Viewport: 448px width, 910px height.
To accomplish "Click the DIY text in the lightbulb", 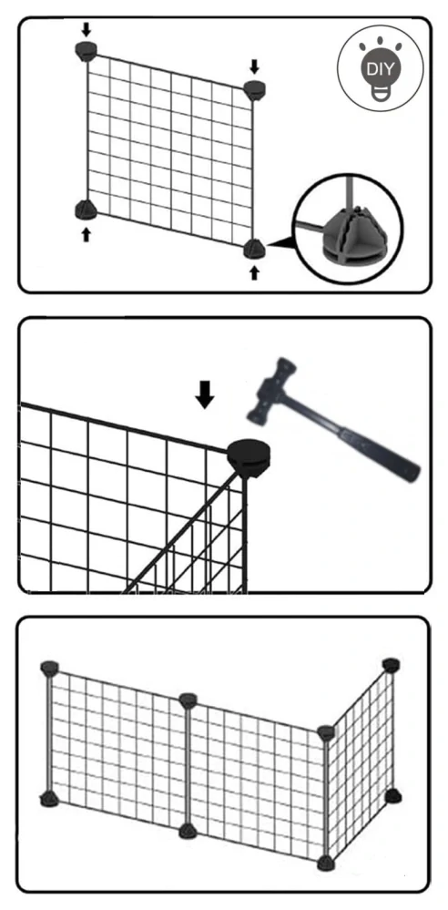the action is pos(380,69).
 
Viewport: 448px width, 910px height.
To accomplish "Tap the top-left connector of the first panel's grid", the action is pos(87,51).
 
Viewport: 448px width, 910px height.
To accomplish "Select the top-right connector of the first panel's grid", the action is pos(254,90).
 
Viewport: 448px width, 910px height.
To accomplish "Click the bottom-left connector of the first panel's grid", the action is pos(86,210).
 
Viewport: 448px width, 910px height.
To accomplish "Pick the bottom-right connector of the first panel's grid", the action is pos(254,249).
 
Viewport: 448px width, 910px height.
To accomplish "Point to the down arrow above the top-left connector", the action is pos(86,28).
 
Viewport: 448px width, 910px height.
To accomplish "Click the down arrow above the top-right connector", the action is pos(254,66).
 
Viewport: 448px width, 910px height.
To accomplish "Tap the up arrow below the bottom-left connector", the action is pos(86,234).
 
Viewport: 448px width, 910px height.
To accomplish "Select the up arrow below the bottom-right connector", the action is pos(254,272).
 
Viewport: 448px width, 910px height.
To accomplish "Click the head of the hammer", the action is pos(273,387).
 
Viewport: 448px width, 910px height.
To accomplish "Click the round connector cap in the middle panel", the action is pos(249,457).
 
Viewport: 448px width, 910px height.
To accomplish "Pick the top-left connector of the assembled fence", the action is pos(50,668).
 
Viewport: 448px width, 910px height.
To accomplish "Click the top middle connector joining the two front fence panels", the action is pos(188,700).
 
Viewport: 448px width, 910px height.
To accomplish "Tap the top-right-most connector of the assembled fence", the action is pos(392,665).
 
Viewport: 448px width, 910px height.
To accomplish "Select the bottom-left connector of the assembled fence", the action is pos(49,800).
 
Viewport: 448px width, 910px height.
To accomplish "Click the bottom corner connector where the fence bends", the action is pos(326,863).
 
